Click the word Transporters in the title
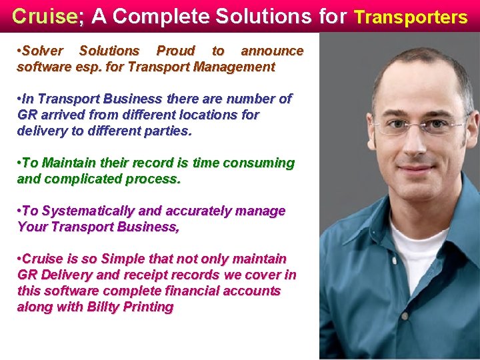coord(410,17)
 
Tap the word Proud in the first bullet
coord(175,51)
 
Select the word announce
coord(272,51)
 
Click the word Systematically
coord(87,211)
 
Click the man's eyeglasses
coord(420,126)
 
